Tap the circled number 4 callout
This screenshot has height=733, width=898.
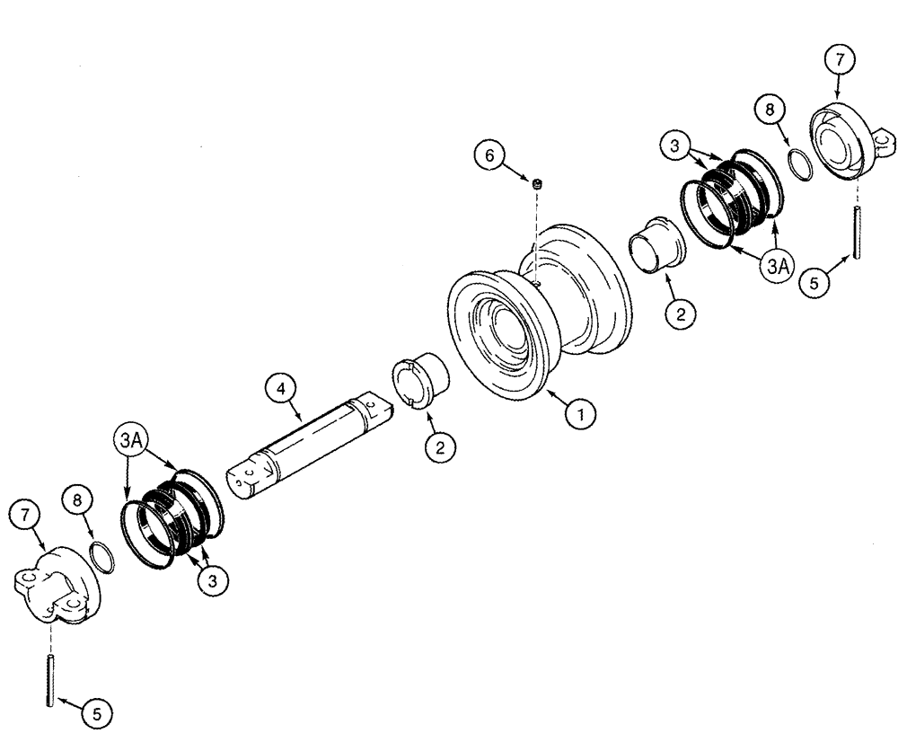[280, 390]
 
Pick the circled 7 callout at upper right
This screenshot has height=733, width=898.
[839, 61]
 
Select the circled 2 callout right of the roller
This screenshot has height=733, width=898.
[679, 314]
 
